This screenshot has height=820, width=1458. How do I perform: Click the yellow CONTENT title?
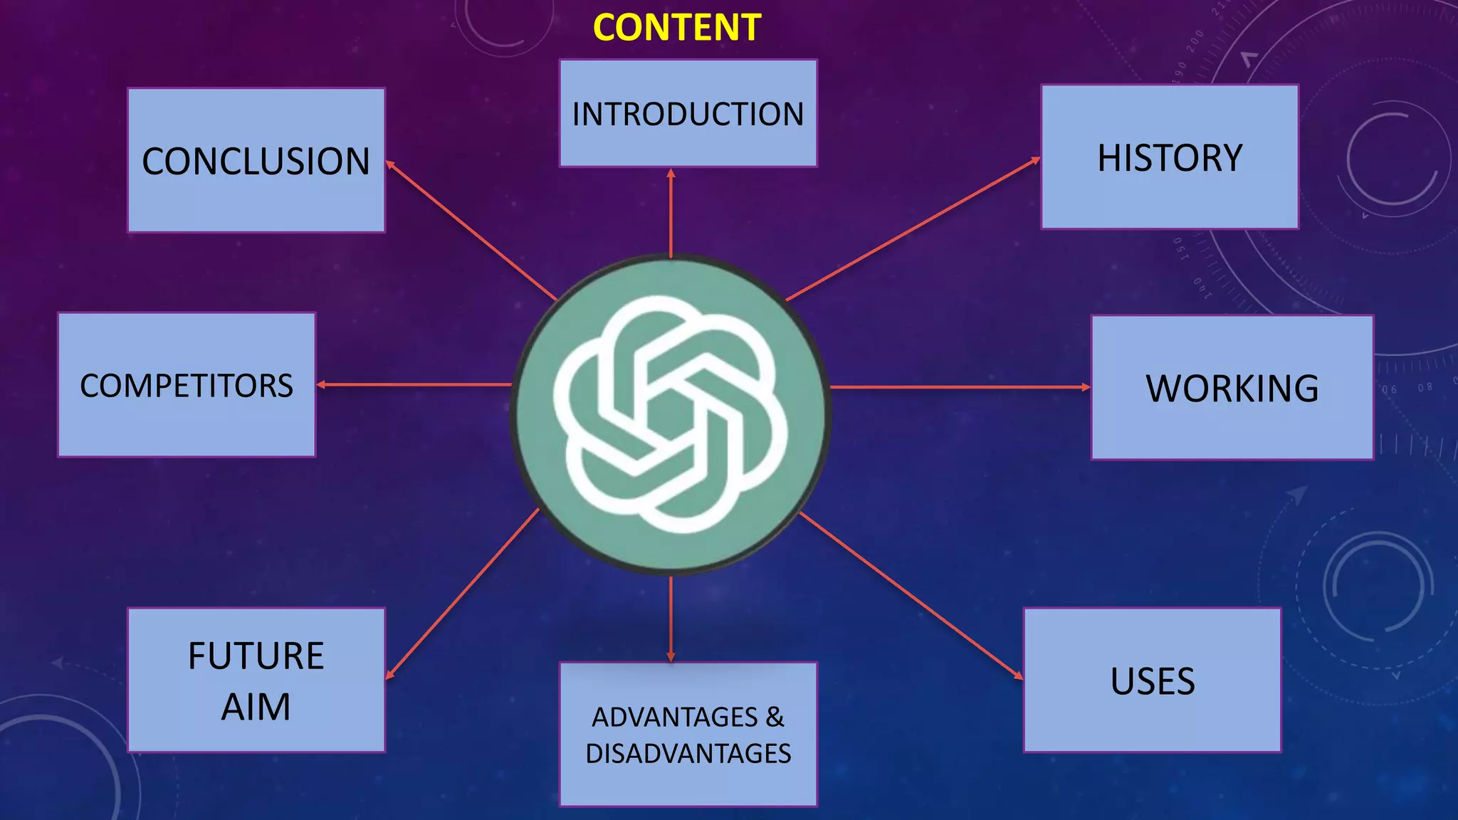(677, 28)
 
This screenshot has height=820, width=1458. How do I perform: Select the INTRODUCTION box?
(688, 113)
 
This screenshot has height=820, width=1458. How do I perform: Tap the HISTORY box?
(1170, 157)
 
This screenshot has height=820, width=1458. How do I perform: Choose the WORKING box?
(1232, 387)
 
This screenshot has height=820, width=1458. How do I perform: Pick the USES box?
(1153, 680)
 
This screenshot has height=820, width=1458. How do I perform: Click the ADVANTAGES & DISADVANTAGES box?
(688, 734)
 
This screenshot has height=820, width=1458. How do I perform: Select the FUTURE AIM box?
(256, 680)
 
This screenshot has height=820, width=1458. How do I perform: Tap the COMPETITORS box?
(187, 384)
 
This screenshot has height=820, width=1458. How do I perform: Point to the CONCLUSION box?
(256, 160)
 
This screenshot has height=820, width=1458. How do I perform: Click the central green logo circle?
(671, 415)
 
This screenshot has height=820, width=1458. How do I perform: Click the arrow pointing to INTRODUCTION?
(671, 212)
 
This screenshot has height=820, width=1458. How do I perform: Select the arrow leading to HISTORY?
(913, 228)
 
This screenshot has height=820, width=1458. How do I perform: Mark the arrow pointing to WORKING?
(960, 387)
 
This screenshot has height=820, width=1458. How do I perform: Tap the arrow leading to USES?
(912, 595)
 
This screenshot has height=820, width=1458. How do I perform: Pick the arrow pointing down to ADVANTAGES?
(671, 619)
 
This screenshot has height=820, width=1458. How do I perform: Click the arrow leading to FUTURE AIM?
(462, 594)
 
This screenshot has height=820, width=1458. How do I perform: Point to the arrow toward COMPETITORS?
(414, 384)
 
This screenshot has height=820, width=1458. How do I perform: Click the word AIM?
(256, 707)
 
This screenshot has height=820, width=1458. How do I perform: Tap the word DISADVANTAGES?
(688, 753)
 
